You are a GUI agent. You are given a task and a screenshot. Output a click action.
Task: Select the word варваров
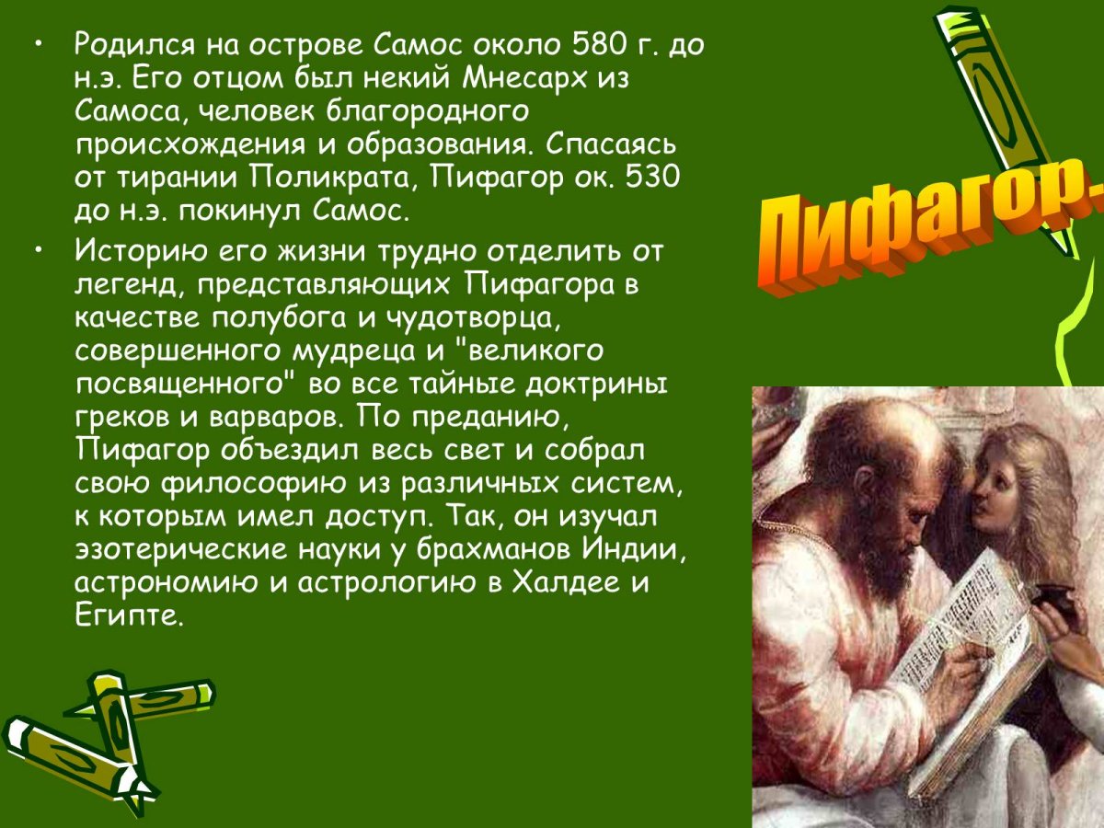point(278,417)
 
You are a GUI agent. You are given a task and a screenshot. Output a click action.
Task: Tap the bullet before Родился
point(37,43)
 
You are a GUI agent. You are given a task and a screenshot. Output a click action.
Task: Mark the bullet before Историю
point(37,250)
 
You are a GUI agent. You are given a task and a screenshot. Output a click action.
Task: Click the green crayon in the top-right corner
point(1003,120)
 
